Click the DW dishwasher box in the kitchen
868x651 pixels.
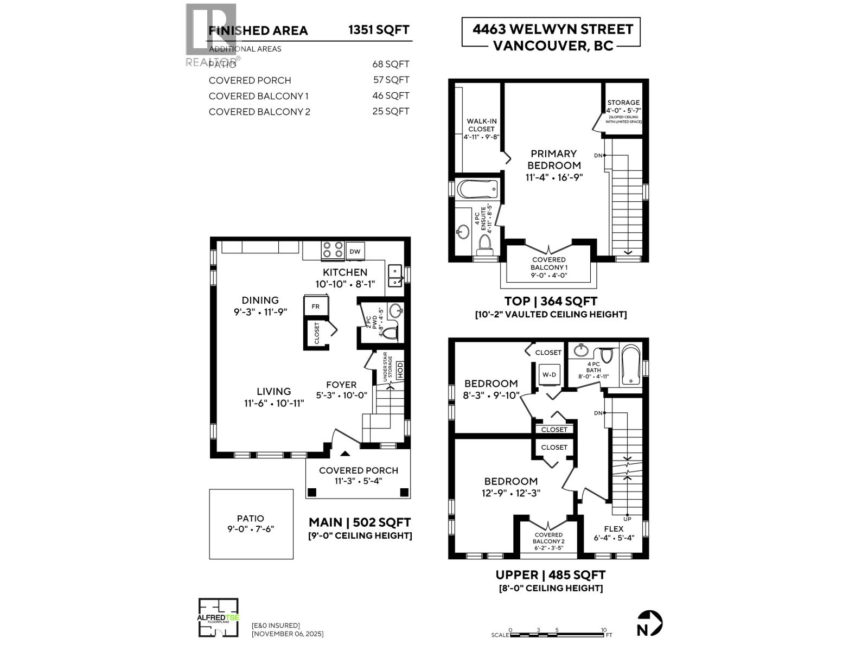pos(355,251)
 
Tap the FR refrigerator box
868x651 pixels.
pos(316,306)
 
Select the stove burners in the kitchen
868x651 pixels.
pos(333,250)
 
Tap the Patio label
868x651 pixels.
pos(251,519)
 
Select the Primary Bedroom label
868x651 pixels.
pos(553,159)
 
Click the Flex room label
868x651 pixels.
pos(614,528)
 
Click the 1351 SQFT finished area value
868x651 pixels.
pos(379,30)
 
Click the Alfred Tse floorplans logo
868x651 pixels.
pos(218,617)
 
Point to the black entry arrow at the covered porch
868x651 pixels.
pos(344,454)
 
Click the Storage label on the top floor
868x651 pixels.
pos(623,103)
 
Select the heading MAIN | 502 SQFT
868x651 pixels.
pos(360,522)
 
